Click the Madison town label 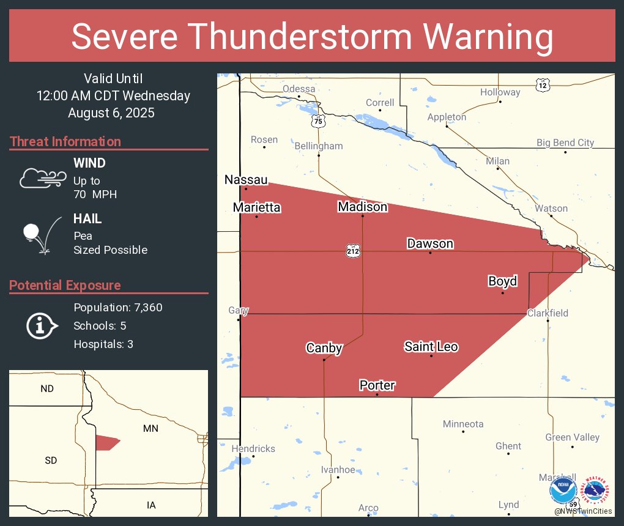click(362, 207)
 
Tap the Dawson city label click(430, 244)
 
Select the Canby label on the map click(324, 349)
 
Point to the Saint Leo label click(431, 347)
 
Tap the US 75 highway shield click(317, 121)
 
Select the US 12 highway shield click(543, 85)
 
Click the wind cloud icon click(42, 177)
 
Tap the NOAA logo click(562, 491)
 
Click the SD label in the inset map click(51, 460)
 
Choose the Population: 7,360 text click(118, 308)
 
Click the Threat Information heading click(65, 142)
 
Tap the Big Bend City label click(565, 143)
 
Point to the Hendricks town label click(253, 449)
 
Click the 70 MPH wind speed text click(95, 194)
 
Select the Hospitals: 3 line click(103, 344)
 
